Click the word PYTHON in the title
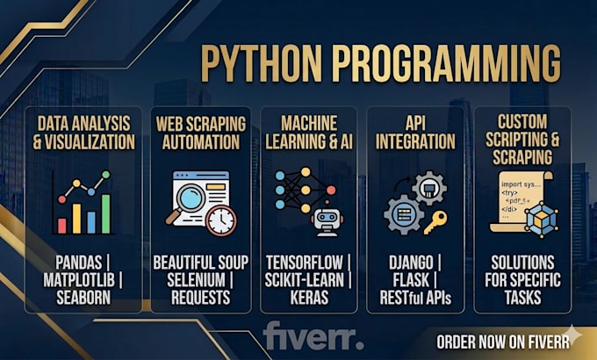262,63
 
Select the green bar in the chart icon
106,213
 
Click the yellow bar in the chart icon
76,219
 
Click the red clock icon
221,220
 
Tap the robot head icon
327,220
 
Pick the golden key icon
435,222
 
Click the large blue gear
404,215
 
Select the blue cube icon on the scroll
541,220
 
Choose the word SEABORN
83,298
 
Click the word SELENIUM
196,280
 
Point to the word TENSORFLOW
305,263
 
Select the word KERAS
309,298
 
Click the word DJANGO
411,263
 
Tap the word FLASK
411,280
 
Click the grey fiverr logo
313,335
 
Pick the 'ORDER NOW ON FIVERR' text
503,342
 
